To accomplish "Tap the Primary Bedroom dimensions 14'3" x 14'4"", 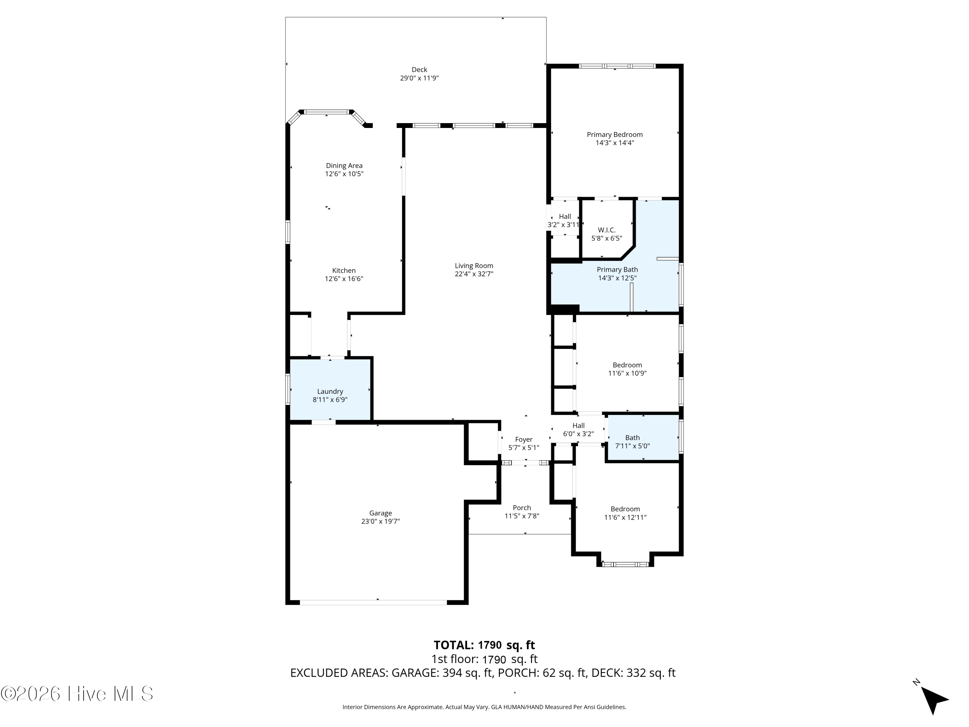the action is (615, 143).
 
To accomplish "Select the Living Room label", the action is (474, 266).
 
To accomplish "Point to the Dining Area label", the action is (344, 166).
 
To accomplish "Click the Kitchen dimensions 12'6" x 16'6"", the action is (344, 279).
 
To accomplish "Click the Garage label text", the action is (380, 513).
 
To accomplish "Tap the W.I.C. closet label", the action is (607, 230).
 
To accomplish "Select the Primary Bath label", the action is (617, 269).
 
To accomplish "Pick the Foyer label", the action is (524, 439).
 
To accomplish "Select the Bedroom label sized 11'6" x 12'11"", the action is (625, 509).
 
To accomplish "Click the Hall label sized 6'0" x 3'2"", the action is (578, 426).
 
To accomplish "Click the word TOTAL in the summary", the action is (453, 645).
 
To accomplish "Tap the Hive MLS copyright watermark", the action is (77, 694).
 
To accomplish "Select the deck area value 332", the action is (636, 673).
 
